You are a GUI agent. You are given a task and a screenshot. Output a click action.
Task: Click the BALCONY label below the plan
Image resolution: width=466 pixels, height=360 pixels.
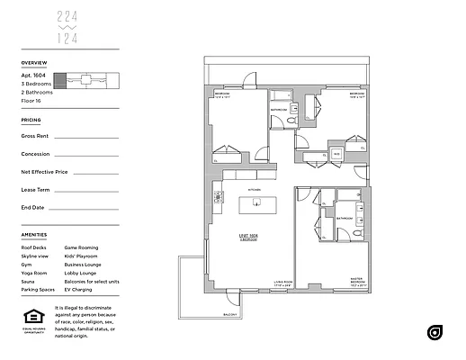pos(231,314)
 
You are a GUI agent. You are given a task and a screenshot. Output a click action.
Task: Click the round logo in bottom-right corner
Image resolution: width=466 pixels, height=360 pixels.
pos(435,332)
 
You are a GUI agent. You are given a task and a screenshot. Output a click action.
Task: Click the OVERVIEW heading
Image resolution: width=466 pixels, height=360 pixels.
pos(33,63)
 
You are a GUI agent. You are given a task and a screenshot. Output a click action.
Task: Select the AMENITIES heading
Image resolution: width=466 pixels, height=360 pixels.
pos(34,235)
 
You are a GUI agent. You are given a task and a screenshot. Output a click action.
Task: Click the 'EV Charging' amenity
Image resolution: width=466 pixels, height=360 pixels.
pos(79,290)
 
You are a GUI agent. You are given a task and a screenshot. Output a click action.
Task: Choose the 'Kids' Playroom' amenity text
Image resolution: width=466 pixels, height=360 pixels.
pos(83,256)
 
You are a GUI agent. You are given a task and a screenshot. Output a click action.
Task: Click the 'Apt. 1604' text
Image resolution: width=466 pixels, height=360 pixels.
pos(33,76)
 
